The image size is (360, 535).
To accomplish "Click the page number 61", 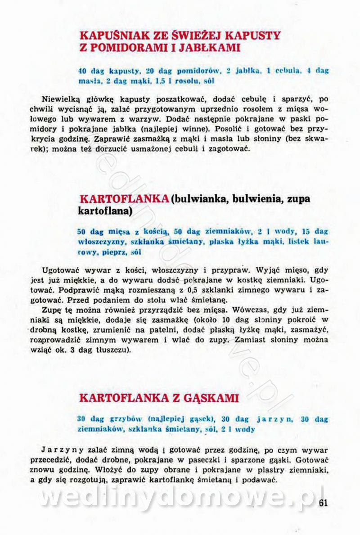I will click(x=323, y=504).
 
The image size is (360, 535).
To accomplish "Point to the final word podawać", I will click(x=260, y=480).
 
